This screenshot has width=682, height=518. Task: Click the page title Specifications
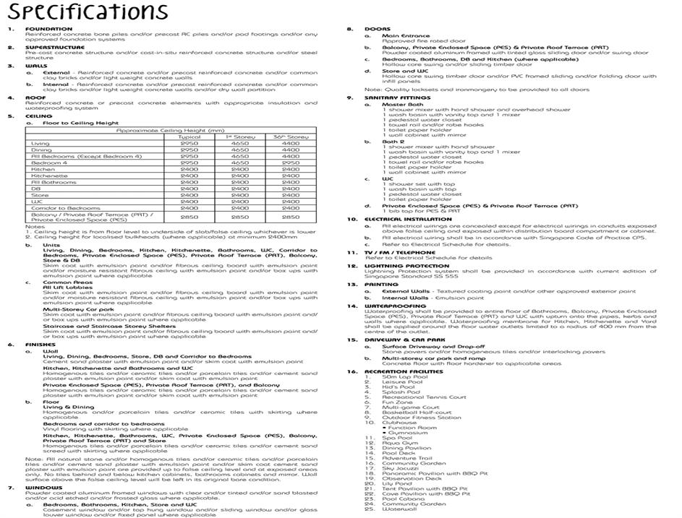(85, 12)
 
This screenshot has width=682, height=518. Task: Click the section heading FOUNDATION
(44, 29)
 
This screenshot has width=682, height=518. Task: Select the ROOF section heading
(35, 98)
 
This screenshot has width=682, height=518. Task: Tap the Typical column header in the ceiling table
(190, 137)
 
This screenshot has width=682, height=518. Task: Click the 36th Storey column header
(290, 137)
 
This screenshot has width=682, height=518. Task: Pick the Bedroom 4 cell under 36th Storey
(290, 163)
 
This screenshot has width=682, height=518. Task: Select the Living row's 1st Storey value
(240, 144)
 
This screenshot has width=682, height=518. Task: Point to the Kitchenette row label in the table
(49, 176)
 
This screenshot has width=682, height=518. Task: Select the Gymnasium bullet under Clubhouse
(413, 432)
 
